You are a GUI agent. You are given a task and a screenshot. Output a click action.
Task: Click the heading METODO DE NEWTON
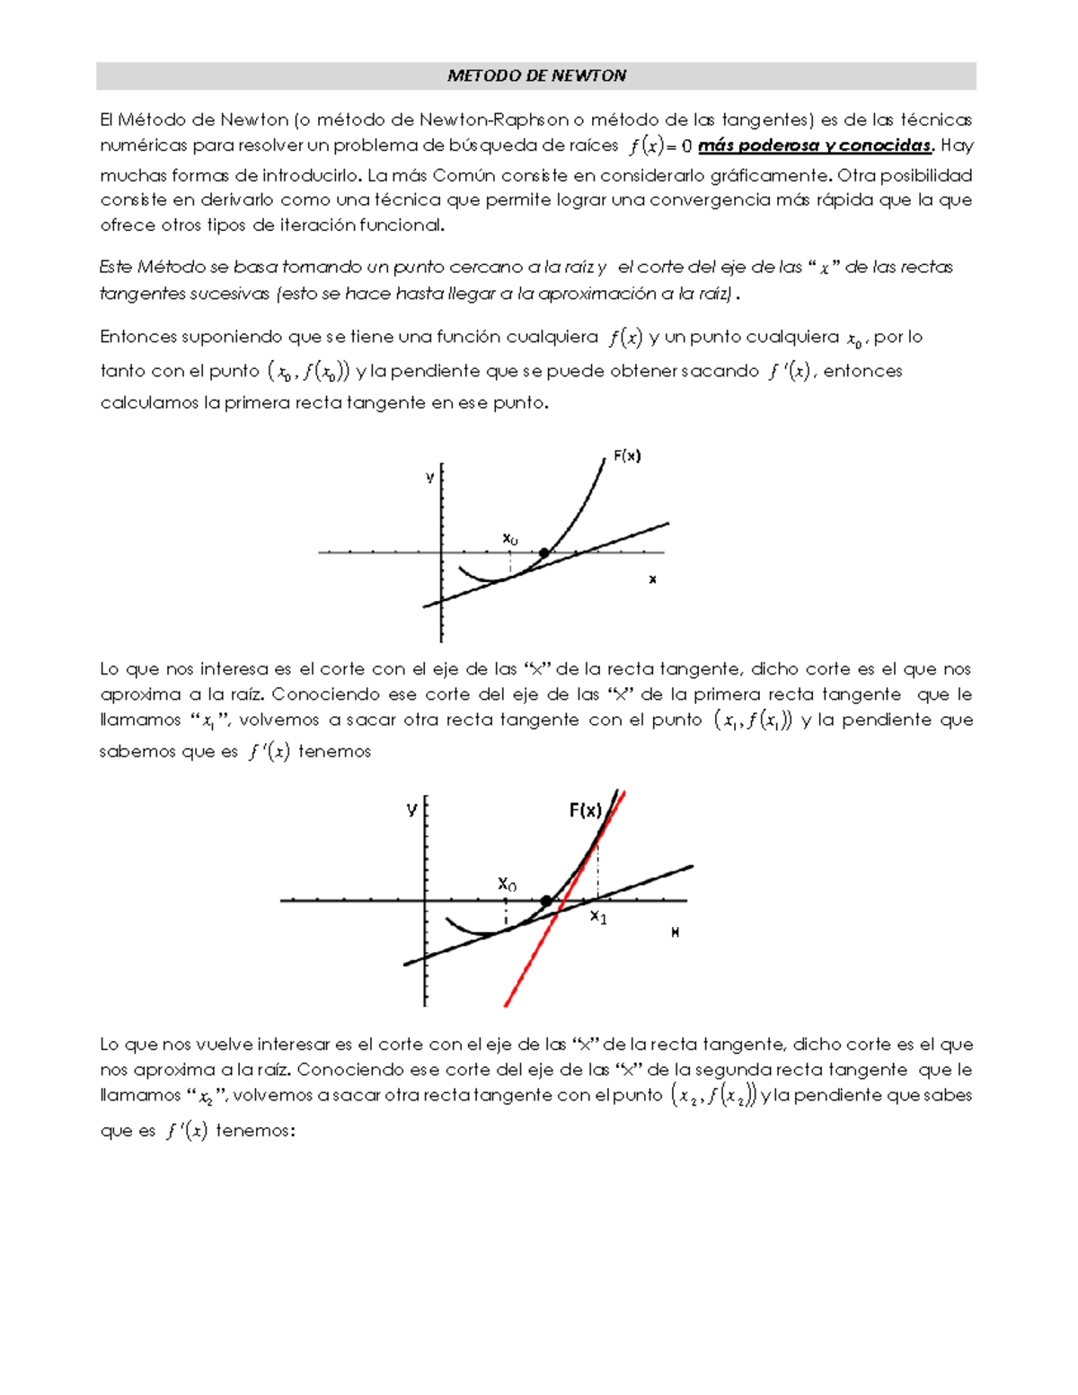coord(536,76)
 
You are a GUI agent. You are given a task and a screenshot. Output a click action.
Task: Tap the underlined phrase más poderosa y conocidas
coord(816,146)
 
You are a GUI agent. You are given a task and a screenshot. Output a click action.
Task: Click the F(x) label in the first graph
coord(627,455)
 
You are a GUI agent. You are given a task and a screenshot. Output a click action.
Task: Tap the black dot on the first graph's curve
coord(544,552)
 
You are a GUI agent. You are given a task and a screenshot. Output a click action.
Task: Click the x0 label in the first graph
coord(509,538)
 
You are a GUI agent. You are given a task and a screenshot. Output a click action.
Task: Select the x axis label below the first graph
coord(652,579)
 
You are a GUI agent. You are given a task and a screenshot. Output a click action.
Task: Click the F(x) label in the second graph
coord(586,810)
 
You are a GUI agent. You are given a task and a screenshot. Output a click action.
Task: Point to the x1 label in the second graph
coord(598,917)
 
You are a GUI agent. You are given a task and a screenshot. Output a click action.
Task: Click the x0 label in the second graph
coord(507,884)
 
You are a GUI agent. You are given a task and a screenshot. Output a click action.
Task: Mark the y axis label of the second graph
coord(411,808)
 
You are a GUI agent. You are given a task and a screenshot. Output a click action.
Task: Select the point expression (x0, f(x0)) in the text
coord(307,371)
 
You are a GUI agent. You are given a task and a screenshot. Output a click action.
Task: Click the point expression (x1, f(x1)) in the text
coord(752,720)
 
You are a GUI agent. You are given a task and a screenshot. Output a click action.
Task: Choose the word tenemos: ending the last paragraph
coord(255,1131)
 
